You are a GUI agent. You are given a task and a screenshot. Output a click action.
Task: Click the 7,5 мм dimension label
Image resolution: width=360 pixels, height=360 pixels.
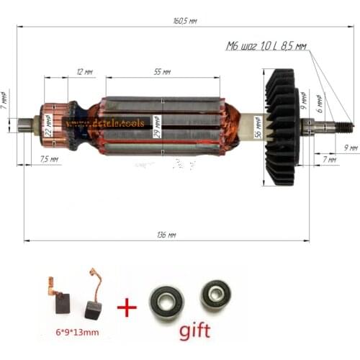pos(49,158)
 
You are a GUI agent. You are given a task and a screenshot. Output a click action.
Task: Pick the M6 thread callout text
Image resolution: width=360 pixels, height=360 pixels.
pos(266,46)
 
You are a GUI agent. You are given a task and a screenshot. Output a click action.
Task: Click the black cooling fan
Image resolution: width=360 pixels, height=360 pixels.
pos(281,126)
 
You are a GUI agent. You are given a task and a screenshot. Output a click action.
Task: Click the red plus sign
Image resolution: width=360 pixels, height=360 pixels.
pos(127,307)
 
